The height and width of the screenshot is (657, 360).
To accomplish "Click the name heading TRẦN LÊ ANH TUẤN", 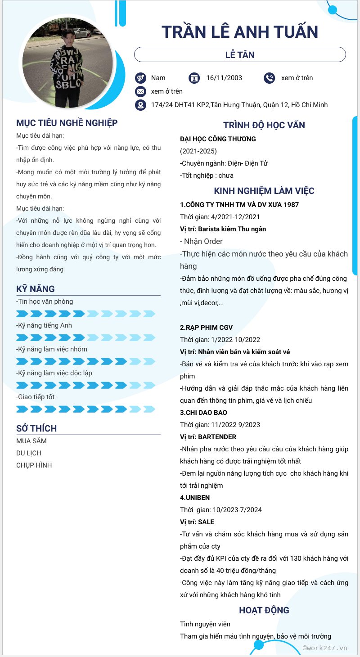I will [240, 32].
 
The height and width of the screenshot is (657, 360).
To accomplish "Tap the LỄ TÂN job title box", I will [240, 55].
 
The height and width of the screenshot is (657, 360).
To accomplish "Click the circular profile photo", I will [67, 63].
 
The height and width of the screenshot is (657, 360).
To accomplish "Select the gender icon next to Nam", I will [141, 78].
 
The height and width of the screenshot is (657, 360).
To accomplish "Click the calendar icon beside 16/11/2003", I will [194, 78].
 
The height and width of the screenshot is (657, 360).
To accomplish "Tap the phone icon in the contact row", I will [269, 78].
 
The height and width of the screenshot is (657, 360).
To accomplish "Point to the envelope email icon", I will [141, 91].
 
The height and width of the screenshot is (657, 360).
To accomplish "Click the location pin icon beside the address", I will [141, 105].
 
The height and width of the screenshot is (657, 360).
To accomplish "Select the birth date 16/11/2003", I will [224, 78].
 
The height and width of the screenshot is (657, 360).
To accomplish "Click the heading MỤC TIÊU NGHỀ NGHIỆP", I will [67, 123].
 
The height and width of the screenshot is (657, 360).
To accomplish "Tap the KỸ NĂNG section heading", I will [36, 289].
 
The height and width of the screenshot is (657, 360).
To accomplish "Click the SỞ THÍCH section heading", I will [36, 428].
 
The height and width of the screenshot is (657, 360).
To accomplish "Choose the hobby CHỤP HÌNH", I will [34, 465].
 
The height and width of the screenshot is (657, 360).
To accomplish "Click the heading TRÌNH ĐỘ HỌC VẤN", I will [264, 126].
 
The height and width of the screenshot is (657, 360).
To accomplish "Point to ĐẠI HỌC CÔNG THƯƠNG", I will [218, 139].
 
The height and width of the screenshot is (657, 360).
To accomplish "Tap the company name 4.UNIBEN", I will [195, 498].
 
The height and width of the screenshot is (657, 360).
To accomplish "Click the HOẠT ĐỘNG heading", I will [264, 610].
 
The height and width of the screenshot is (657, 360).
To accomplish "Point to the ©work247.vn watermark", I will [325, 648].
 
